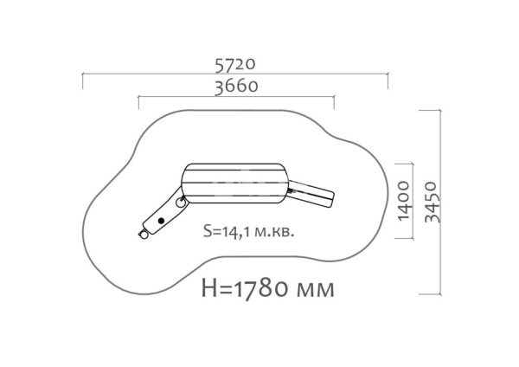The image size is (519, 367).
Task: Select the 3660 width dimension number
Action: [x=236, y=87]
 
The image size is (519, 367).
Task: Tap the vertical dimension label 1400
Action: [x=403, y=201]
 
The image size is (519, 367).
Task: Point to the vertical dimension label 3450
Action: [x=432, y=202]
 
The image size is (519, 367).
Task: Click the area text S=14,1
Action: [x=227, y=231]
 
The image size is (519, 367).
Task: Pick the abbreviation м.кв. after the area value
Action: [x=274, y=233]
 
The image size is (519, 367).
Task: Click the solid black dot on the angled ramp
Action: [x=161, y=220]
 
